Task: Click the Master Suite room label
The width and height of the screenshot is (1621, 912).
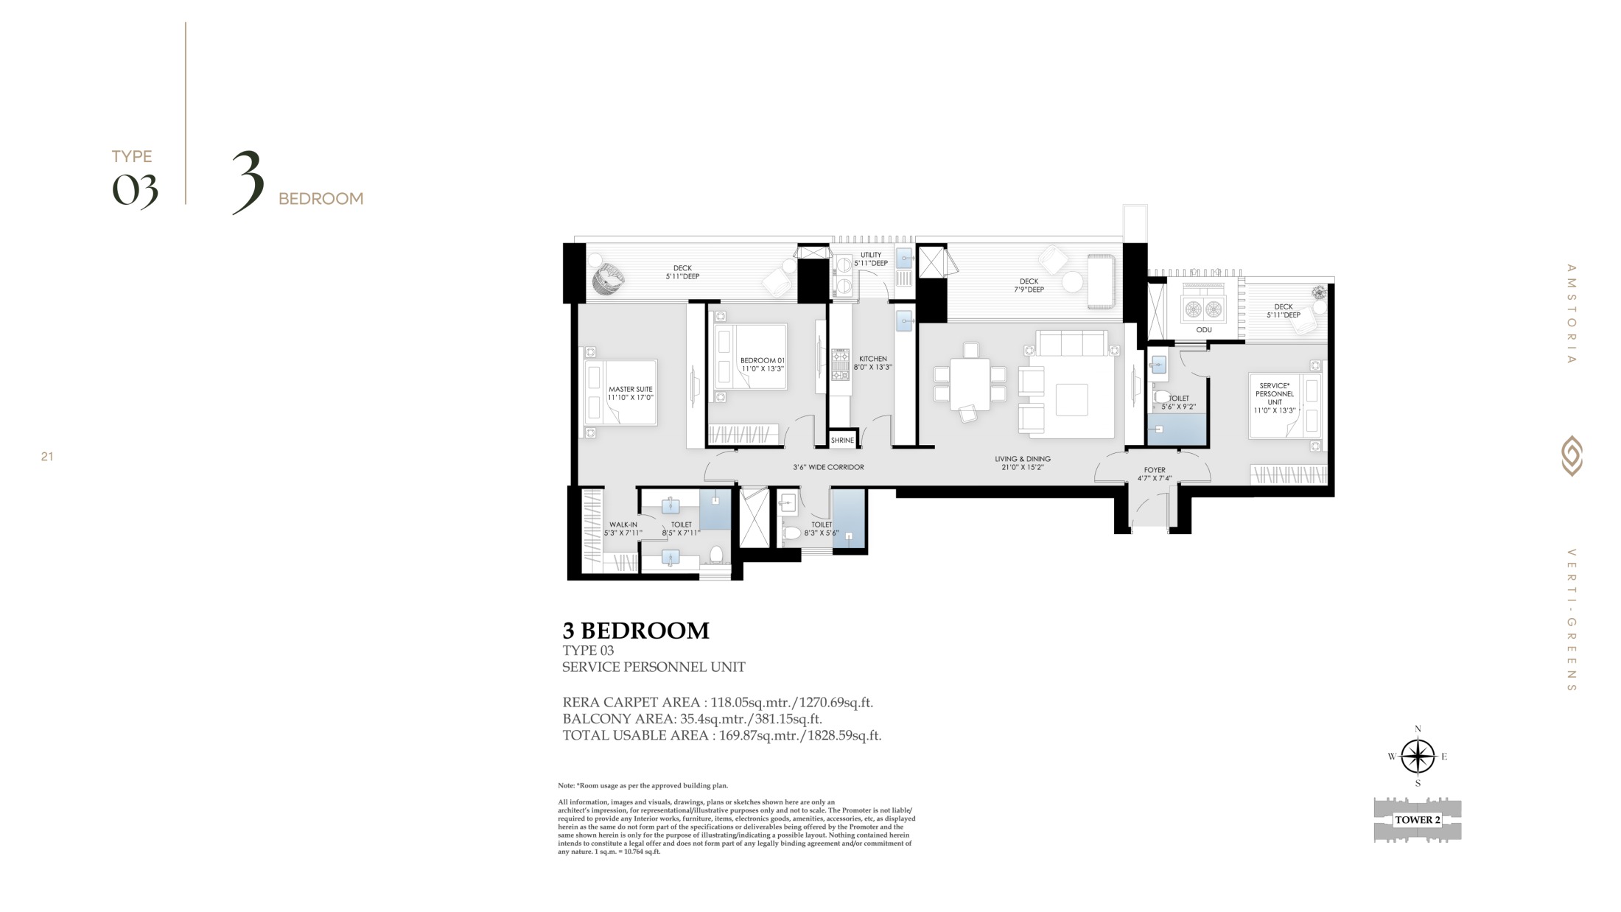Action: tap(630, 393)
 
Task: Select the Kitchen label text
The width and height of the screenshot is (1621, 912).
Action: tap(873, 362)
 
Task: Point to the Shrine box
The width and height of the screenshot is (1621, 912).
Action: tap(842, 439)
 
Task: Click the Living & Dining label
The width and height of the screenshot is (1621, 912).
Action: tap(1023, 463)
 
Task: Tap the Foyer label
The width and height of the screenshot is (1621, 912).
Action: tap(1155, 474)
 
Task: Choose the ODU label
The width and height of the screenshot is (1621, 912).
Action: tap(1203, 330)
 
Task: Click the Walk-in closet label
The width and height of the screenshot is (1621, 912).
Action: tap(623, 529)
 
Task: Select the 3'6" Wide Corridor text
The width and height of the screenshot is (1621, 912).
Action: tap(828, 467)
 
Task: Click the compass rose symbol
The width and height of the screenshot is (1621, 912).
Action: tap(1417, 757)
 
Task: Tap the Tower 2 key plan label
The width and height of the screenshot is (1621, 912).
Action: tap(1417, 820)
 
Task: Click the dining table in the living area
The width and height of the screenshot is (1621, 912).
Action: tap(970, 383)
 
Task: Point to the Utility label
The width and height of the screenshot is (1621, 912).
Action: tap(871, 259)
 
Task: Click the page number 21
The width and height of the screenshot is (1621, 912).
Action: tap(47, 457)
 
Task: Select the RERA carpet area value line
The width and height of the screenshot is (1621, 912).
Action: tap(718, 702)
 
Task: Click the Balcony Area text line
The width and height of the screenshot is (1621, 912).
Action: tap(692, 719)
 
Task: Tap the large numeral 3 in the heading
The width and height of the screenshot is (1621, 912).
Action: tap(248, 182)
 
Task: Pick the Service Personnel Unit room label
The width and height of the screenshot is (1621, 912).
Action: tap(1275, 398)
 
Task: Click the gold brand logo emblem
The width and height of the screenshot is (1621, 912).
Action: tap(1572, 456)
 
